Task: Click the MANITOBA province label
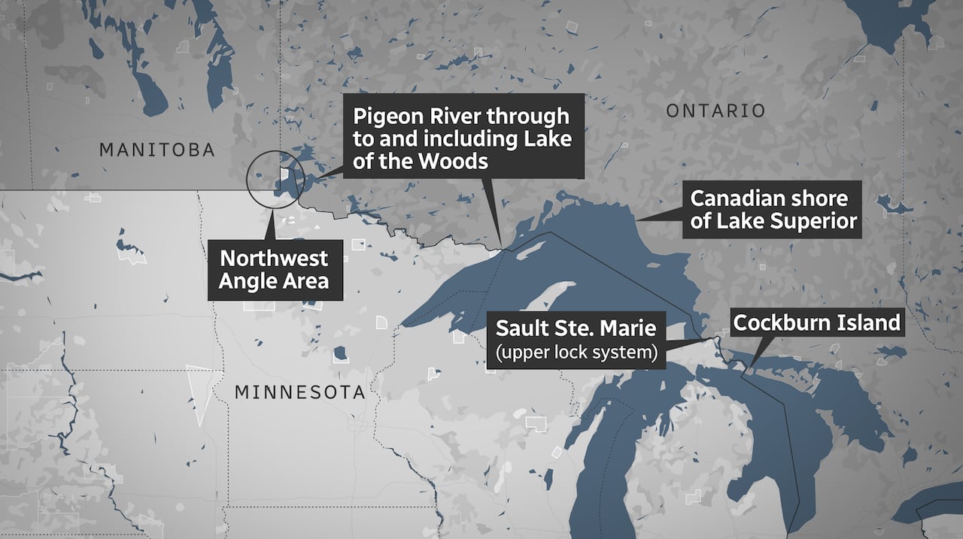157,150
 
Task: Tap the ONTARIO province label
715,111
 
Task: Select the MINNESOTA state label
299,392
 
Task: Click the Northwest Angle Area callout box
274,270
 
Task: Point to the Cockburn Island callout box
816,323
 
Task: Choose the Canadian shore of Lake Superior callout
773,210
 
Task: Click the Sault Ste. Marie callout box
576,339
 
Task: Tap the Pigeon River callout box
463,138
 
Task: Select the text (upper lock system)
576,351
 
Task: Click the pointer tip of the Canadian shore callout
637,220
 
